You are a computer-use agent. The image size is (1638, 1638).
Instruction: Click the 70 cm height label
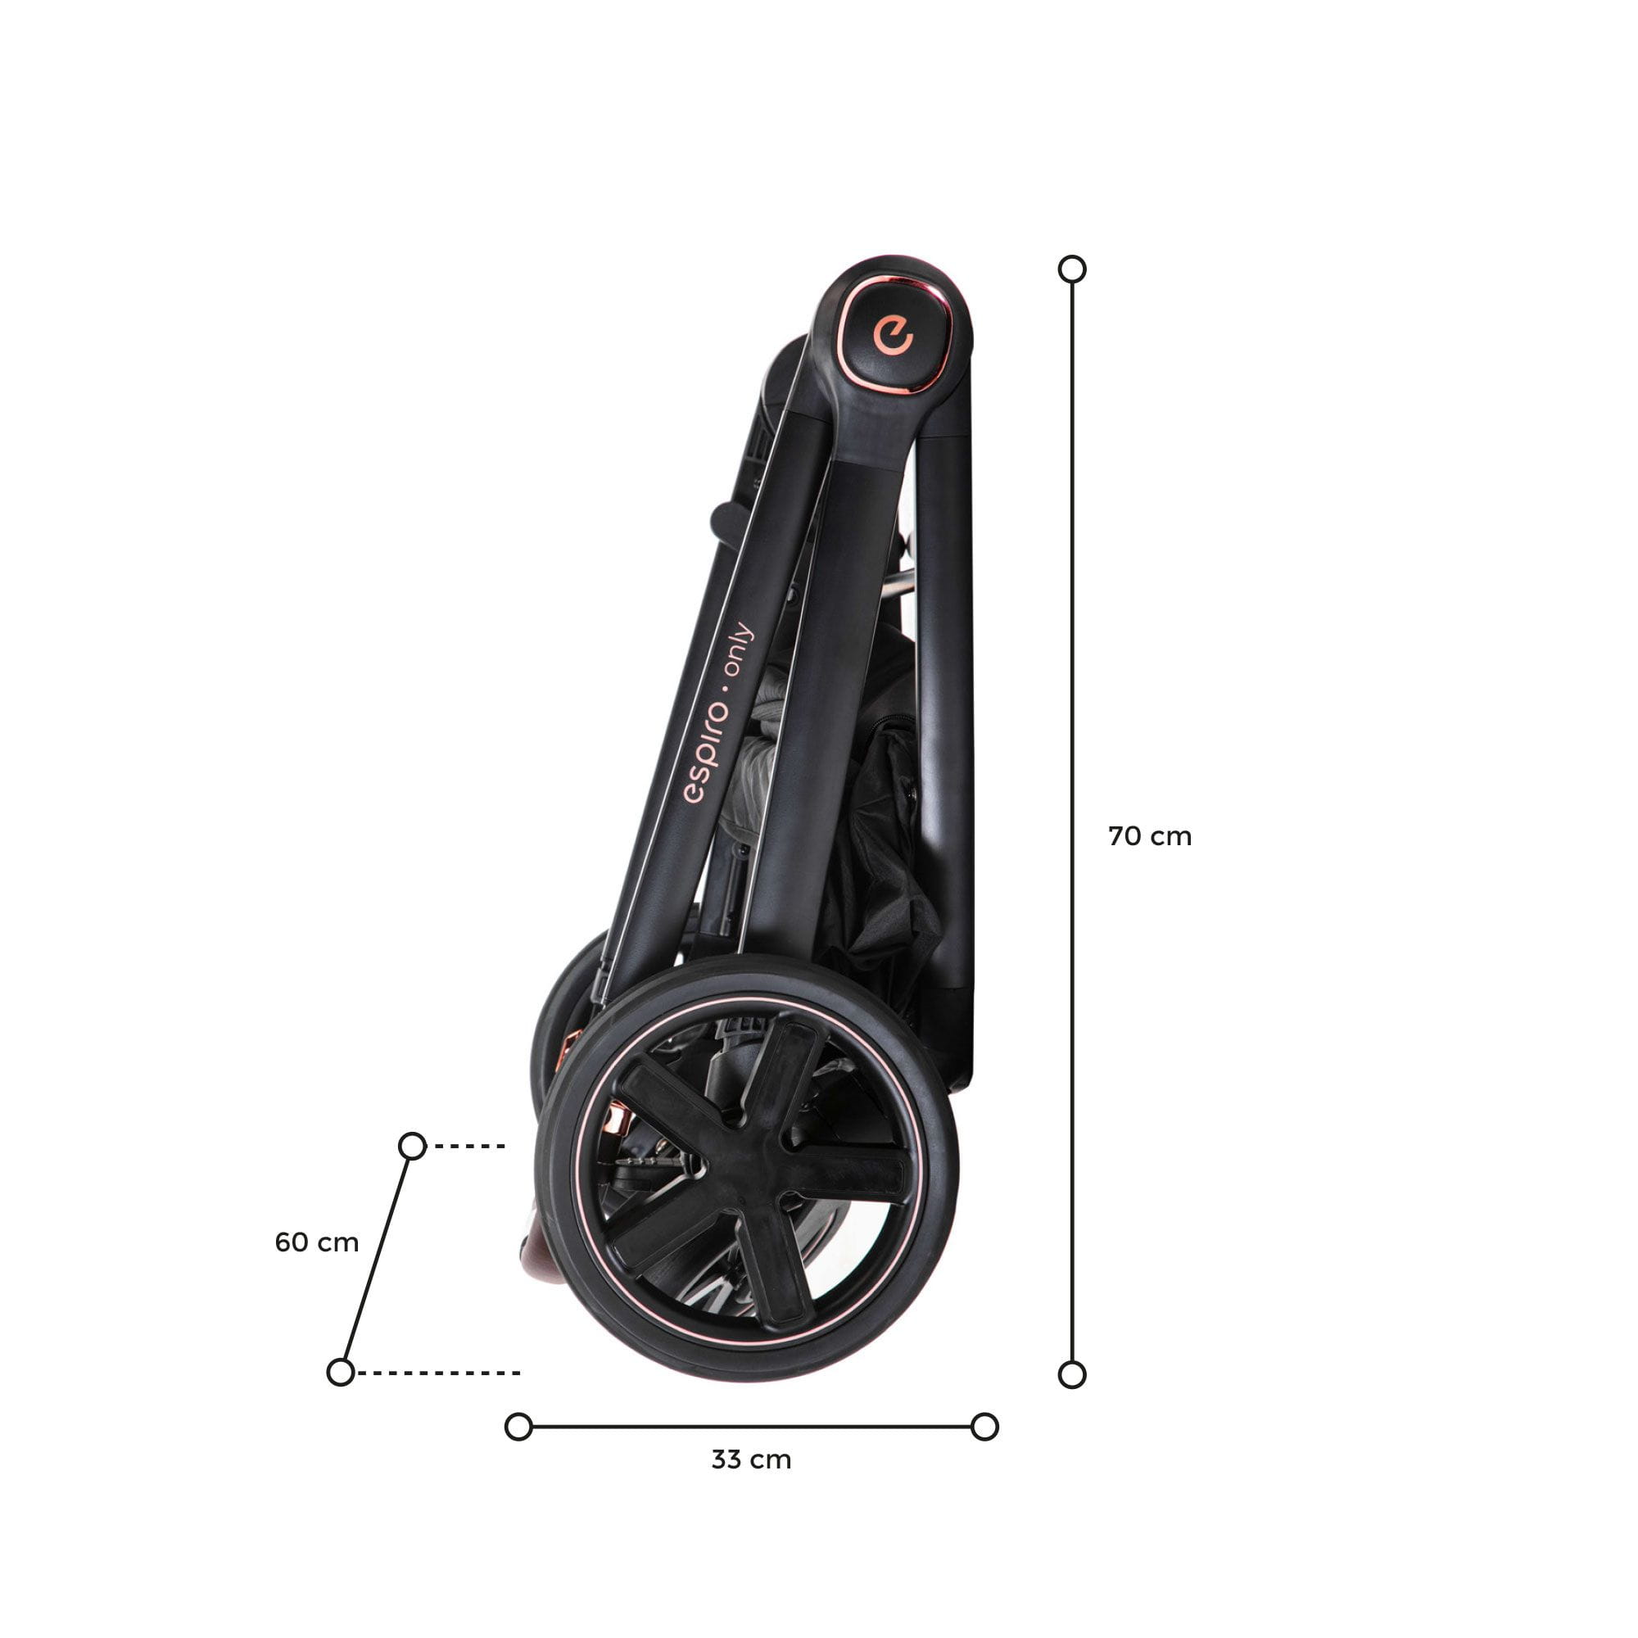[x=1150, y=837]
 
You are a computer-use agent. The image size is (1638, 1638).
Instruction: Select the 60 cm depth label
[x=317, y=1243]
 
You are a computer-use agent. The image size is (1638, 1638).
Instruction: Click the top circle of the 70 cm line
[x=1073, y=269]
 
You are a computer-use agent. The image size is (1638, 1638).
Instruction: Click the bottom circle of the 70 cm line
[x=1073, y=1375]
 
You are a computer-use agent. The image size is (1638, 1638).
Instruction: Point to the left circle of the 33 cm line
[x=518, y=1427]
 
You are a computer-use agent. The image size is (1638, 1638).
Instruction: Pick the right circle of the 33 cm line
[x=984, y=1427]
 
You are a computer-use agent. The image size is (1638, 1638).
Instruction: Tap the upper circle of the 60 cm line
[x=412, y=1147]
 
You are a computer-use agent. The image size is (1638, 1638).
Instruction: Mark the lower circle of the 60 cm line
[x=340, y=1372]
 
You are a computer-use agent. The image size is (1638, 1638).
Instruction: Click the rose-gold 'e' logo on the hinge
[x=893, y=336]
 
